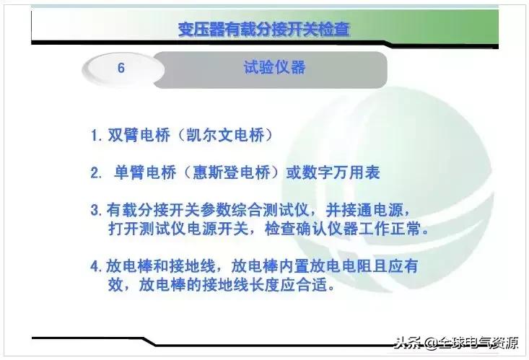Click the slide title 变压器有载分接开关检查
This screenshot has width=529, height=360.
[264, 30]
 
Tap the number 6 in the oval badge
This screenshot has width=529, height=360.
[121, 69]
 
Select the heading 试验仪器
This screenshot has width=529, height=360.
[274, 68]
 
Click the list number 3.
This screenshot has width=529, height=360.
[95, 212]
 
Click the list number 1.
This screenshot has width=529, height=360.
[95, 136]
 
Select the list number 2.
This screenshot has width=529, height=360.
[95, 174]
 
